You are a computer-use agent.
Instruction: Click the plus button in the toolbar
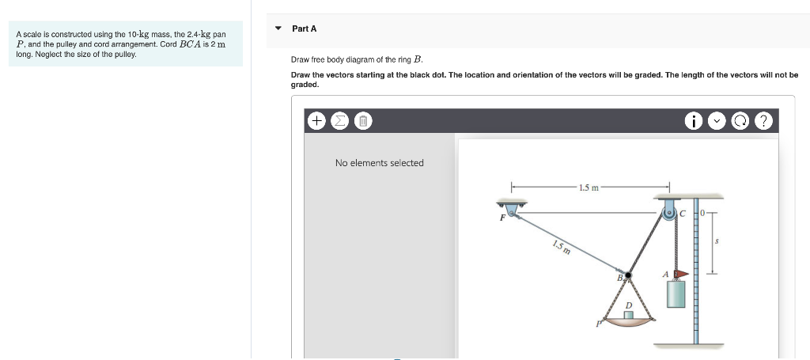316,121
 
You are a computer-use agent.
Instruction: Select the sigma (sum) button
339,121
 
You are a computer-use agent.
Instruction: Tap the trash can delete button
361,121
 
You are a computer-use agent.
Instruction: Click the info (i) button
694,121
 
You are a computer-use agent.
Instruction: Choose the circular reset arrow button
740,121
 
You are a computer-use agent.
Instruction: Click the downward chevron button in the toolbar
717,121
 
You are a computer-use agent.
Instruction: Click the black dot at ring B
629,275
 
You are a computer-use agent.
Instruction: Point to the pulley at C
670,212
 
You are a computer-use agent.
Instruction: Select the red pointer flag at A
681,274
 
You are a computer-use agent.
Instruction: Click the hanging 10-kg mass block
676,294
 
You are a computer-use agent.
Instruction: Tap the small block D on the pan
629,314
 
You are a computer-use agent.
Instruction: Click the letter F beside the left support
502,218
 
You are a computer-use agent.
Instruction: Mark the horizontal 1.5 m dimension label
589,188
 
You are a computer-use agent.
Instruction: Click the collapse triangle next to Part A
278,28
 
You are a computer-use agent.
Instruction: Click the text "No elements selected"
379,163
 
